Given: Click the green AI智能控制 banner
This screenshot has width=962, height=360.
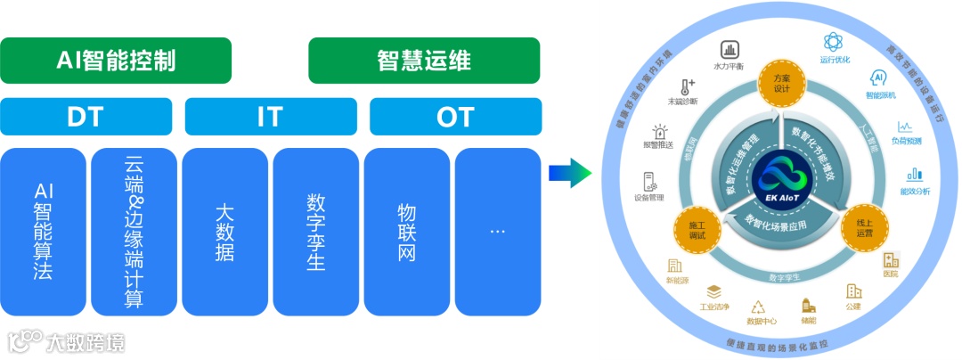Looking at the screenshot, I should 116,61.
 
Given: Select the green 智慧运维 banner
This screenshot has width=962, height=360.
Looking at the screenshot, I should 424,61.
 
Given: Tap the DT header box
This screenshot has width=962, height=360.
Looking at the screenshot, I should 86,116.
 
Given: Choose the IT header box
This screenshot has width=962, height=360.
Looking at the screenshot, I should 271,116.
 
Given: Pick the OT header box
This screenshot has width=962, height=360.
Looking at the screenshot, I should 455,116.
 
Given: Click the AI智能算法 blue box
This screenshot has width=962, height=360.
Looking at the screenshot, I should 44,231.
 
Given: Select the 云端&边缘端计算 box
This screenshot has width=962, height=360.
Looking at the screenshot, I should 134,231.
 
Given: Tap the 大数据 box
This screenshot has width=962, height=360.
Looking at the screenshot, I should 224,231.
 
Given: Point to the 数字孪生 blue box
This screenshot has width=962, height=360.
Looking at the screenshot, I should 315,231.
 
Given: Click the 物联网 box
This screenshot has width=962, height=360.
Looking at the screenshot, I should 406,231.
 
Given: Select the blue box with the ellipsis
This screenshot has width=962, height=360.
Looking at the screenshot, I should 498,231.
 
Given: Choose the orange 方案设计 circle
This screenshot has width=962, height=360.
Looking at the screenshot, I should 782,83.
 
